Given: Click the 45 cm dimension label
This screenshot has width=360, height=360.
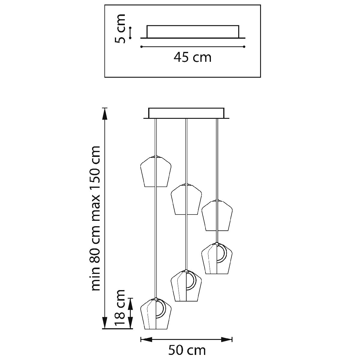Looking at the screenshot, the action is pos(192,58).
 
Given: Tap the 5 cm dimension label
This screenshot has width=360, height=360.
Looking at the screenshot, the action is pos(120,28).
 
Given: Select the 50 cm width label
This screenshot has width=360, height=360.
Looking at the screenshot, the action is pos(187,350).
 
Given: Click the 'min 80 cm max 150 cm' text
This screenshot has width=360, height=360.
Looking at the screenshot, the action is pos(96,218).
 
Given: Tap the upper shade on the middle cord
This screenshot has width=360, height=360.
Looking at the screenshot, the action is pos(186,199).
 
